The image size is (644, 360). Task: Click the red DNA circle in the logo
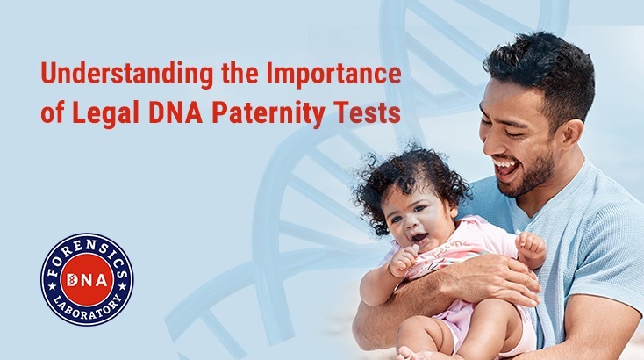[86, 279]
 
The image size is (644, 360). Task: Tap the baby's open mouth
[420, 238]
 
